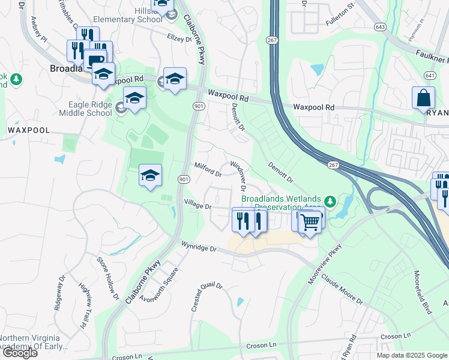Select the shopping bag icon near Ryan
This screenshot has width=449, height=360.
[x=423, y=97]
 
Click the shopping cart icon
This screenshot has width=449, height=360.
[x=310, y=223]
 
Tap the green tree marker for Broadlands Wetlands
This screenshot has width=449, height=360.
[x=329, y=200]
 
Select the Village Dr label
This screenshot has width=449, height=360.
[x=198, y=206]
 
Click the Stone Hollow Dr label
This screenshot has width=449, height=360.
[x=108, y=278]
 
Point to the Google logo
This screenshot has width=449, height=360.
[x=20, y=353]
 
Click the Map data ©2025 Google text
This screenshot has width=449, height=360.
[x=411, y=355]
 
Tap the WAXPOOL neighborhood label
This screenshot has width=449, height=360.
[x=28, y=130]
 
